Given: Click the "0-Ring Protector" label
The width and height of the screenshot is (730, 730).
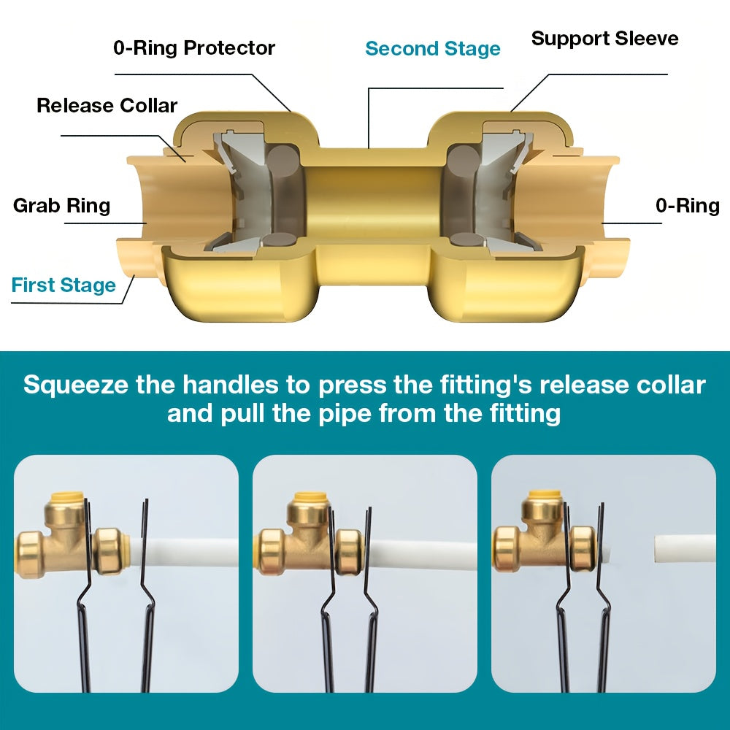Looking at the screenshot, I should tap(194, 48).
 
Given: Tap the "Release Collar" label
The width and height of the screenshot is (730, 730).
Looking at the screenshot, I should tap(107, 106).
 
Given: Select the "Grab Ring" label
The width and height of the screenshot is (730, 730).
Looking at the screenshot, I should tap(61, 206).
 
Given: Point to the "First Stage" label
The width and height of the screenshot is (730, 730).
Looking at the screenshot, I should tap(64, 285).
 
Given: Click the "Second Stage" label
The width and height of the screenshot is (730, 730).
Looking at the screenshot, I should tap(433, 49).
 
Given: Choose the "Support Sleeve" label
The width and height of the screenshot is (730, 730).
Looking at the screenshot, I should tap(604, 39).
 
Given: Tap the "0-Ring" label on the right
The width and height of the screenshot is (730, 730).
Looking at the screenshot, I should tap(687, 206).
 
